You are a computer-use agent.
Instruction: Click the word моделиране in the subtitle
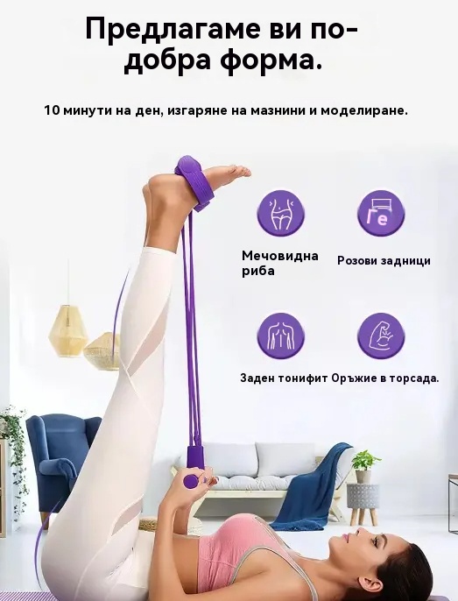364,111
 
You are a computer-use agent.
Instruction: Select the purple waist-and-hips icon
281,213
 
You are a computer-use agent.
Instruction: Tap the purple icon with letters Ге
381,213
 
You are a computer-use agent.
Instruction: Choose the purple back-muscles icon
281,336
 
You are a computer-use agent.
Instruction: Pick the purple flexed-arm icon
381,336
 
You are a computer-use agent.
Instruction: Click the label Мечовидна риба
280,263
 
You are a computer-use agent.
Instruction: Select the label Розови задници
384,261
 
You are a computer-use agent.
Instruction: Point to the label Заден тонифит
284,378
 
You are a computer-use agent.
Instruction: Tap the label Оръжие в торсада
385,378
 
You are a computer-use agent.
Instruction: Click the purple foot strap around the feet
195,184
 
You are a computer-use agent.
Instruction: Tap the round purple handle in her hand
191,481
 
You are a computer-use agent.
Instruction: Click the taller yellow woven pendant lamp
68,331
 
